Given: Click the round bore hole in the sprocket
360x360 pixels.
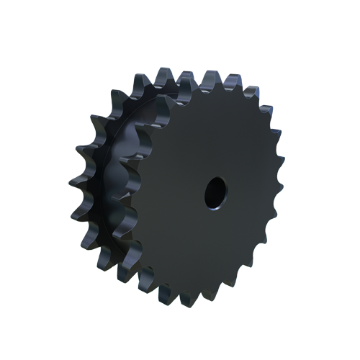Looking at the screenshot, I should [x=214, y=192].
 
